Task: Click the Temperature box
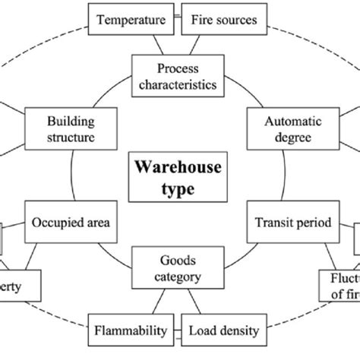pos(129,18)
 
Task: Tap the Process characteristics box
pos(178,76)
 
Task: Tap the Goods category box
pos(178,268)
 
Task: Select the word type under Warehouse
pos(179,188)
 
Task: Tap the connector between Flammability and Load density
pos(177,331)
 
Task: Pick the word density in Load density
pos(242,331)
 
